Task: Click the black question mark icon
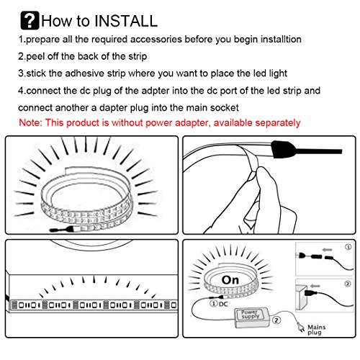(30, 21)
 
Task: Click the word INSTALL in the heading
(126, 21)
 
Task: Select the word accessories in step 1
(156, 40)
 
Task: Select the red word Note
(30, 122)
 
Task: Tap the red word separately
(278, 123)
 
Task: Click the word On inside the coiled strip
(230, 280)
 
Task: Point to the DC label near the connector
(223, 304)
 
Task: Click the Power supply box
(251, 318)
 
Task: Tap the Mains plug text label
(316, 330)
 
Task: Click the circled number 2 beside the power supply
(276, 320)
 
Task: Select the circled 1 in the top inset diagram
(348, 247)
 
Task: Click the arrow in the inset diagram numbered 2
(315, 286)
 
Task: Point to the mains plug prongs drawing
(300, 327)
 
